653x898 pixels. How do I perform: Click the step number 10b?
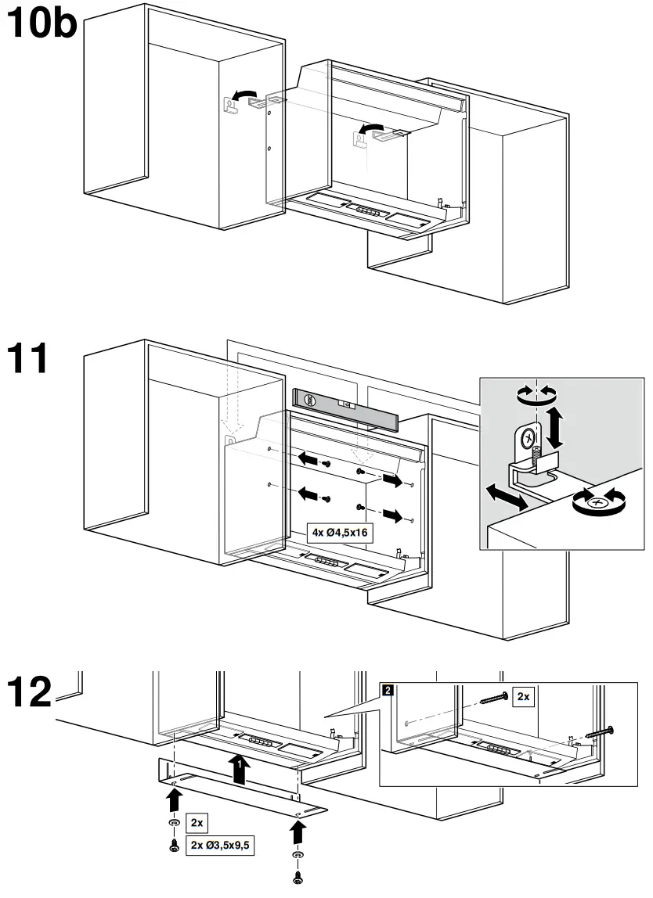pos(41,25)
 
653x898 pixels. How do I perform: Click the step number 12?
pos(29,693)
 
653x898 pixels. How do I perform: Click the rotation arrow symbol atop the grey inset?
pos(532,394)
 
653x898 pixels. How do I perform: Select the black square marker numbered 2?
pos(388,689)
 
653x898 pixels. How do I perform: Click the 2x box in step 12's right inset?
pos(522,696)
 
